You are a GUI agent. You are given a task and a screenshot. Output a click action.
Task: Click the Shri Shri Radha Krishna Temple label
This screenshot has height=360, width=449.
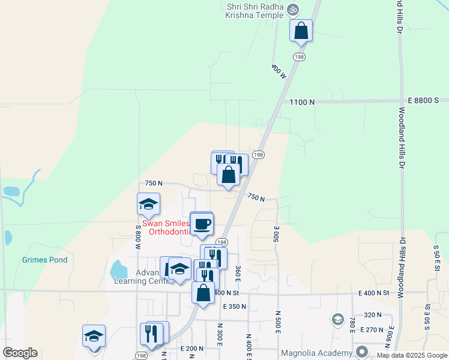pyautogui.click(x=254, y=11)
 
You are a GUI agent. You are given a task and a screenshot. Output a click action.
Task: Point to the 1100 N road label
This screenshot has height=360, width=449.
pyautogui.click(x=302, y=103)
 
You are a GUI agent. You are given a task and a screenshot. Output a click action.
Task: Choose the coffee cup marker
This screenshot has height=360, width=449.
pyautogui.click(x=202, y=223)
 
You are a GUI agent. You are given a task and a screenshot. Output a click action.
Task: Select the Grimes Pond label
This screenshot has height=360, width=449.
pyautogui.click(x=44, y=260)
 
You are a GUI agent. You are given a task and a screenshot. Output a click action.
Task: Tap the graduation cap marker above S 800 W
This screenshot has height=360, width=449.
pyautogui.click(x=148, y=205)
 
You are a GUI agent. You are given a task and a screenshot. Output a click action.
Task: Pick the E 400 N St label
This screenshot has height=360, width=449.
pyautogui.click(x=374, y=293)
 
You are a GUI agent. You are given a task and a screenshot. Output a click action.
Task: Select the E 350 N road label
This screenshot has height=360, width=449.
pyautogui.click(x=235, y=307)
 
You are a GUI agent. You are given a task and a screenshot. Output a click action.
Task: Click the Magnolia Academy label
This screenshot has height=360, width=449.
pyautogui.click(x=327, y=353)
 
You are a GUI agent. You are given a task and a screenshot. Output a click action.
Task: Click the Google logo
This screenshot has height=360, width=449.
pyautogui.click(x=20, y=353)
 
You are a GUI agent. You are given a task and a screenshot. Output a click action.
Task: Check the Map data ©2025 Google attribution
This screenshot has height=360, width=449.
pyautogui.click(x=412, y=356)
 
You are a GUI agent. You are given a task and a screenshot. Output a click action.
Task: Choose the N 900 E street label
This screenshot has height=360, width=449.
pyautogui.click(x=390, y=334)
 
